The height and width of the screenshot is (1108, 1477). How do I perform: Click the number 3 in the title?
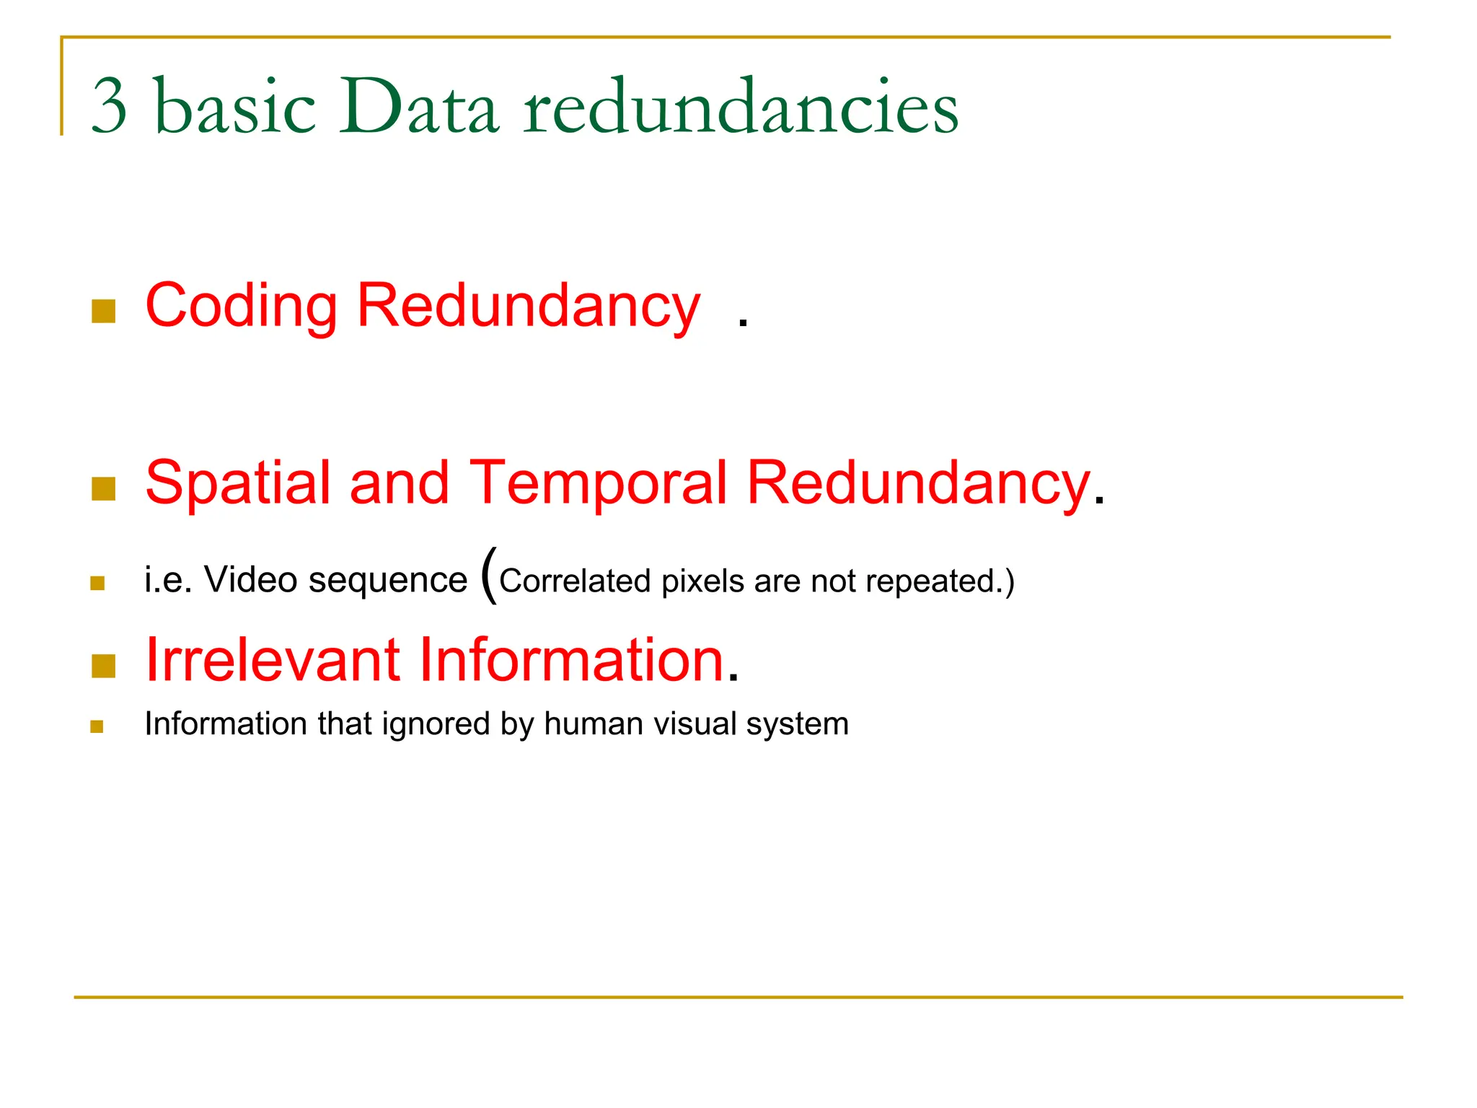coord(110,107)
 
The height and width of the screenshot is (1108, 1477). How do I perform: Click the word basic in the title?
coord(235,107)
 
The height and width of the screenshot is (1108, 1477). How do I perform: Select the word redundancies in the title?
coord(741,107)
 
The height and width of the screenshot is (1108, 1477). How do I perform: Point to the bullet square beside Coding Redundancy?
coord(104,312)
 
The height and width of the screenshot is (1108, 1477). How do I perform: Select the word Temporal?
coord(599,482)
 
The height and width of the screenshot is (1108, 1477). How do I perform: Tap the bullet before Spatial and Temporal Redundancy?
coord(104,489)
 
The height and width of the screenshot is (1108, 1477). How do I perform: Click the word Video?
coord(250,580)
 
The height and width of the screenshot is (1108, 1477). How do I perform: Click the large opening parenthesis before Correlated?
coord(489,575)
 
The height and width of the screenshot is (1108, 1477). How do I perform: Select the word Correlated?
coord(574,581)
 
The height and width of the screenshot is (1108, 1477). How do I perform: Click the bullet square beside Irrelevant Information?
coord(104,667)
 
